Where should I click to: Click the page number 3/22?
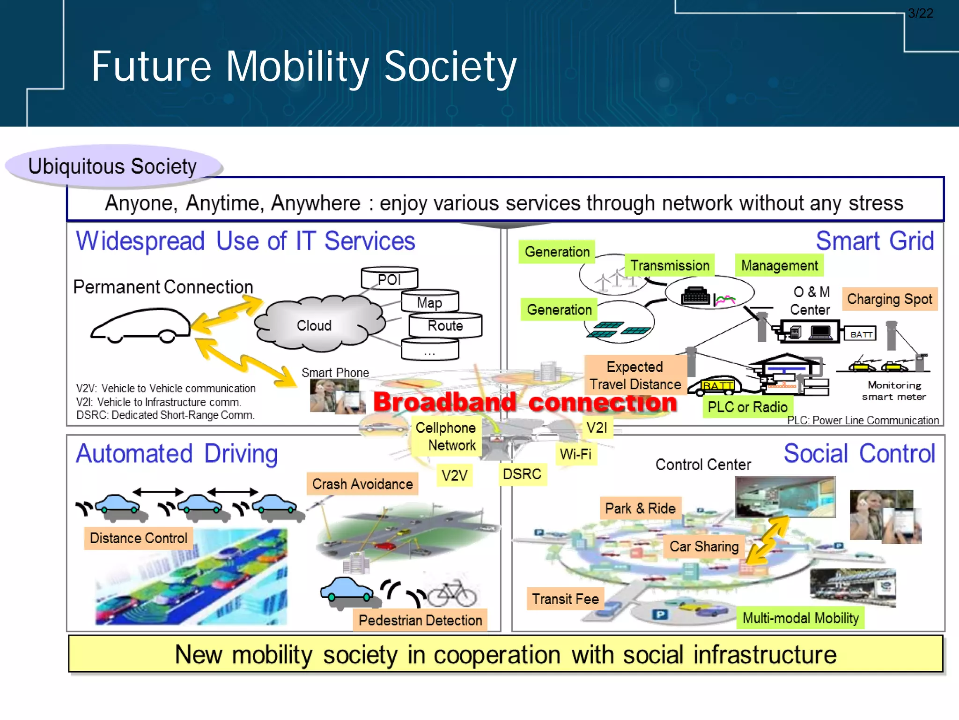tap(920, 13)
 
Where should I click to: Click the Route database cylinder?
tap(445, 325)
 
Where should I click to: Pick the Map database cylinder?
tap(429, 302)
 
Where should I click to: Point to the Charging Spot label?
tap(889, 299)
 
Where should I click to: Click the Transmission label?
tap(670, 265)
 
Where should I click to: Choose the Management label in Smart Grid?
tap(779, 265)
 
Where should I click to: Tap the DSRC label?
tap(522, 474)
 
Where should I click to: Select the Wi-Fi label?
tap(575, 454)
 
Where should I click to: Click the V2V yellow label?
tap(454, 475)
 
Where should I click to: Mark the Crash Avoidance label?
tap(362, 484)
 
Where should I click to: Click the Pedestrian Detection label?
tap(420, 620)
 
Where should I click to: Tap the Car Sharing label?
tap(704, 546)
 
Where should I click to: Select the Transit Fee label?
tap(565, 599)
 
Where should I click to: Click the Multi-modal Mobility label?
tap(800, 618)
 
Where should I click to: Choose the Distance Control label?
tap(139, 538)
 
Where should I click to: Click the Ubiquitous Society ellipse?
tap(113, 166)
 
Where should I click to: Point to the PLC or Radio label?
tap(747, 407)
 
